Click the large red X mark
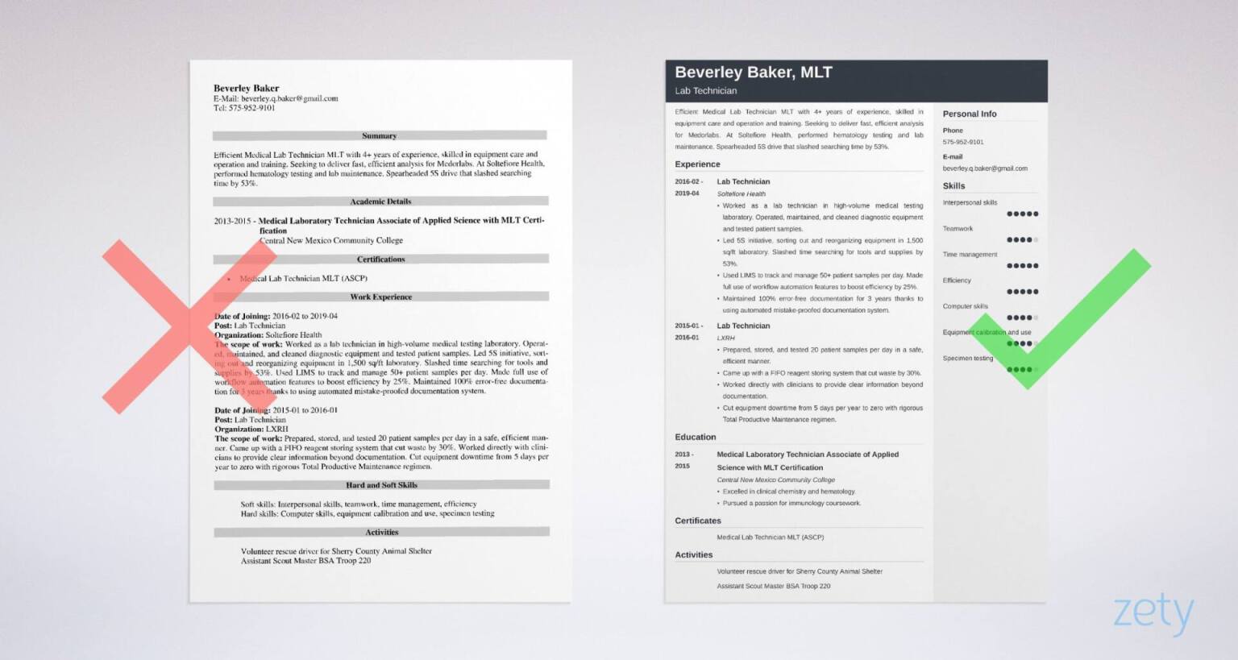tap(189, 326)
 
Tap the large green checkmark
tap(1061, 319)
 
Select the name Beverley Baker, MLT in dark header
tap(753, 73)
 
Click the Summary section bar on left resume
tap(380, 136)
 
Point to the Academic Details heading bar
tap(380, 201)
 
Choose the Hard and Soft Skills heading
tap(381, 485)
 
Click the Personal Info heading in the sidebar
tap(970, 114)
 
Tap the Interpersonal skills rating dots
tap(1022, 214)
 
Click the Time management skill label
tap(970, 255)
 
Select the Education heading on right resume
tap(695, 437)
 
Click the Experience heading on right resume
tap(697, 164)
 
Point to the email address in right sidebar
tap(985, 168)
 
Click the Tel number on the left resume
tap(244, 108)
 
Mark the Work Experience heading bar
tap(380, 297)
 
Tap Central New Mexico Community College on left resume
tap(330, 240)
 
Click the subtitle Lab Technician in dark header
tap(705, 91)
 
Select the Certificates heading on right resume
tap(697, 521)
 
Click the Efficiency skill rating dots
tap(1022, 292)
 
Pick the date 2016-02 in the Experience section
tap(688, 182)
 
